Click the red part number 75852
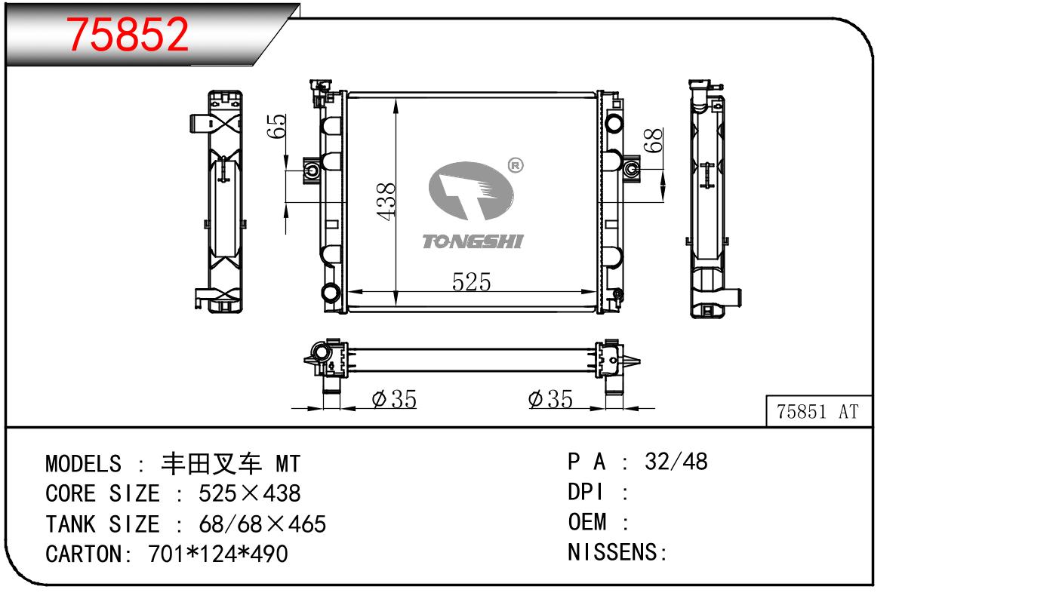[128, 35]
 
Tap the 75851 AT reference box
[818, 412]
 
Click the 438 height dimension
[386, 201]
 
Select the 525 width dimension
[471, 282]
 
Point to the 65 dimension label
[277, 126]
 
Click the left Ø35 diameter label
[394, 400]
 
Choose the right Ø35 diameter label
[550, 400]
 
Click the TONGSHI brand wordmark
[472, 241]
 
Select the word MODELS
[83, 463]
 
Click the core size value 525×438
[249, 494]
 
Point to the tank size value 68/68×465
[262, 524]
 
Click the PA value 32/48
[676, 462]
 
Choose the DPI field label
[586, 493]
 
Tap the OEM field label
[586, 522]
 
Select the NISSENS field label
[614, 553]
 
